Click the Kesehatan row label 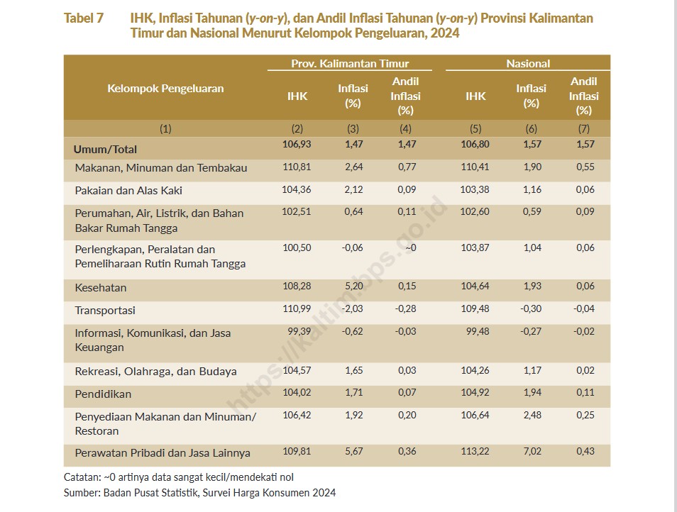pyautogui.click(x=101, y=288)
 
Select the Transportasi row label pyautogui.click(x=105, y=310)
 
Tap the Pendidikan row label pyautogui.click(x=103, y=394)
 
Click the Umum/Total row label pyautogui.click(x=105, y=149)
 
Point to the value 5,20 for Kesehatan pyautogui.click(x=353, y=286)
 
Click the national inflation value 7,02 pyautogui.click(x=532, y=451)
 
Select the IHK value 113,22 pyautogui.click(x=475, y=451)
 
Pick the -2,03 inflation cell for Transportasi pyautogui.click(x=352, y=308)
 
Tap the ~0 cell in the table pyautogui.click(x=411, y=247)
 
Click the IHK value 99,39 pyautogui.click(x=299, y=331)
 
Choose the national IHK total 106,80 pyautogui.click(x=475, y=144)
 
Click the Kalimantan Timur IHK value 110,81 pyautogui.click(x=297, y=167)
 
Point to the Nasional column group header pyautogui.click(x=528, y=63)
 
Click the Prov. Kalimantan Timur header pyautogui.click(x=350, y=63)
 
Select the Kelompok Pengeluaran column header pyautogui.click(x=165, y=89)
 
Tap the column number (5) pyautogui.click(x=475, y=128)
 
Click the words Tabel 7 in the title pyautogui.click(x=84, y=18)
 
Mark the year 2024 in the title pyautogui.click(x=445, y=33)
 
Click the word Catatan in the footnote pyautogui.click(x=82, y=477)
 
